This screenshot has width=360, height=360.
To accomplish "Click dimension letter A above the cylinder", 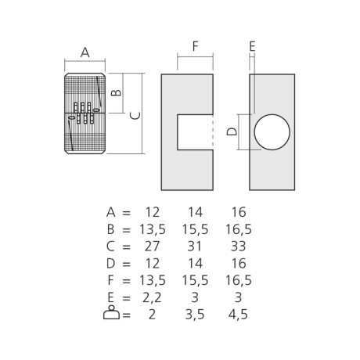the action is click(x=85, y=52).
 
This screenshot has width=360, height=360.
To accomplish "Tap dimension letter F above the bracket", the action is click(x=196, y=46).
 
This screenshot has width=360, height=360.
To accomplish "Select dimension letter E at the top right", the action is click(x=252, y=46).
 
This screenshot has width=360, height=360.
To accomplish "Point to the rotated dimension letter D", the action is click(x=232, y=131).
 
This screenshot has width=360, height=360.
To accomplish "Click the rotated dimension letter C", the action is click(x=135, y=116).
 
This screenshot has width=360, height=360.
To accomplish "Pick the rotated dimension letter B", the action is click(x=116, y=92).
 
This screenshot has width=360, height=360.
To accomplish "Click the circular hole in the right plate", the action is click(x=272, y=132).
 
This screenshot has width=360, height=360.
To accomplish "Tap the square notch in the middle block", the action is click(x=195, y=132).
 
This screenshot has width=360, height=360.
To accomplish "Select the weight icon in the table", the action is click(x=111, y=312).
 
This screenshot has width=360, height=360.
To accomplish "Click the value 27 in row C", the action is click(x=152, y=247).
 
